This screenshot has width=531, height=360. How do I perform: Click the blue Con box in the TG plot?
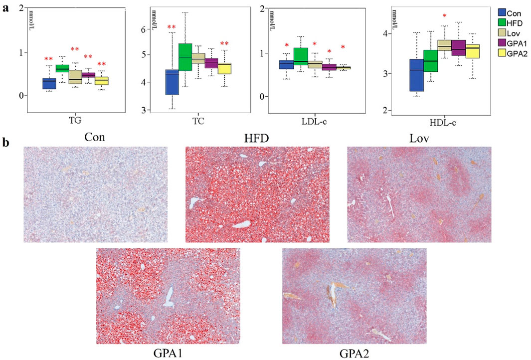pyautogui.click(x=49, y=83)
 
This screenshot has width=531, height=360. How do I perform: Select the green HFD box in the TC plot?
pyautogui.click(x=185, y=57)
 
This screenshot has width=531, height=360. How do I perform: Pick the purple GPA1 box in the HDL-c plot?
pyautogui.click(x=458, y=48)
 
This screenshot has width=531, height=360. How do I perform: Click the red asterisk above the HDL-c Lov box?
pyautogui.click(x=444, y=16)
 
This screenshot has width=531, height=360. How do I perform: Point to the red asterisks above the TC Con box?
pyautogui.click(x=172, y=27)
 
